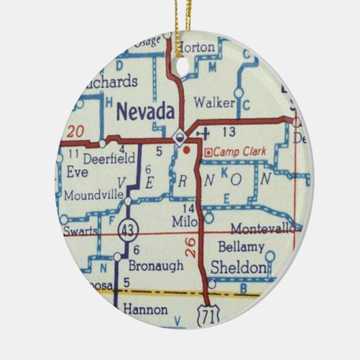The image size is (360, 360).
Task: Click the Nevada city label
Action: pos(145,111)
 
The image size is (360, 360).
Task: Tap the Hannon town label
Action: pos(145,310)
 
